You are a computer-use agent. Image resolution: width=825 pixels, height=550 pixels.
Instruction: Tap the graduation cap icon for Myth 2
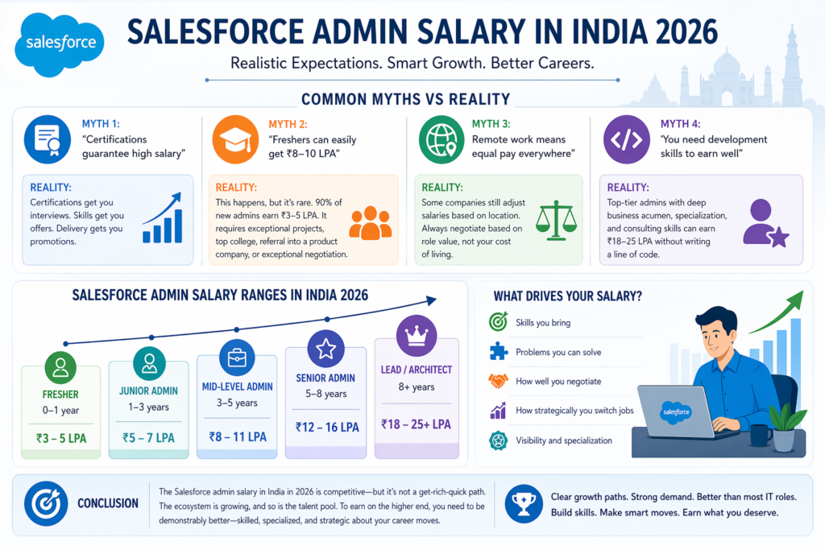click(x=236, y=139)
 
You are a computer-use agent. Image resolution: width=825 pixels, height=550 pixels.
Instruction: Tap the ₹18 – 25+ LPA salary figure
click(x=417, y=424)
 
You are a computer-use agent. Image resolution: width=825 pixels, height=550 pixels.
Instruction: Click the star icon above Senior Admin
click(x=325, y=348)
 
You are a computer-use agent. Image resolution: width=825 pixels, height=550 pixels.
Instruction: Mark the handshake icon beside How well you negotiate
click(x=498, y=381)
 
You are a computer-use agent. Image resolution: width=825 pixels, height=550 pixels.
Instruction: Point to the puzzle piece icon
click(x=498, y=352)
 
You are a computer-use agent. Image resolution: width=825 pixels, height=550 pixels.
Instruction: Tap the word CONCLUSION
click(x=107, y=503)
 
